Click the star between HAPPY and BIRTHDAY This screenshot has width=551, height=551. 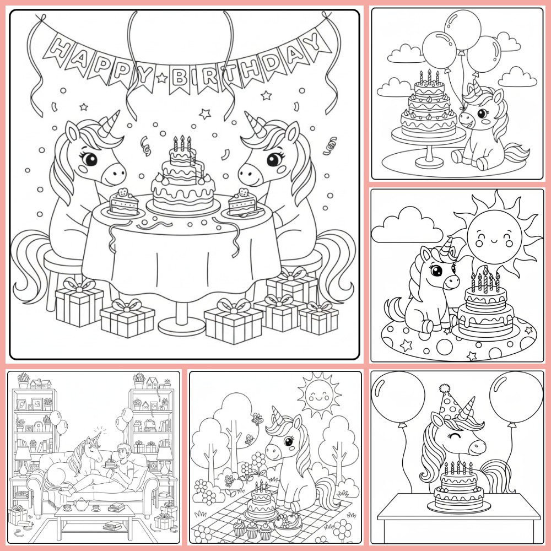pos(161,77)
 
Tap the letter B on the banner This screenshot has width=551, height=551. pos(179,78)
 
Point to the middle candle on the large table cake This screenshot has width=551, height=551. pos(182,143)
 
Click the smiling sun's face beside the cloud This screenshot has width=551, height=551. pos(494,236)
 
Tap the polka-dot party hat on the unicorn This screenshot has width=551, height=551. pos(449,403)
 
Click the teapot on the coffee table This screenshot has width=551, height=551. pos(81,504)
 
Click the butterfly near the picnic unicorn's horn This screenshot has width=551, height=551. pos(257,419)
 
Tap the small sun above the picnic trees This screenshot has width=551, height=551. pos(319,395)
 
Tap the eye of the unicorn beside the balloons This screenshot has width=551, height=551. pos(482,114)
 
